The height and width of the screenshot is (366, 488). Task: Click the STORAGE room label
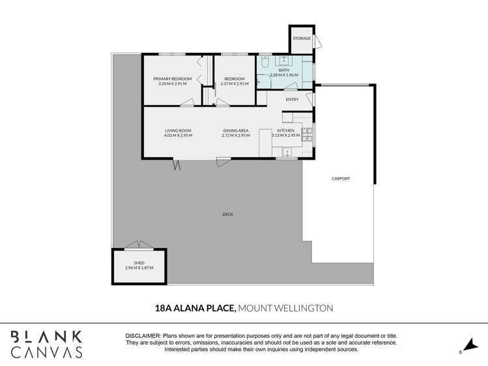coord(301,38)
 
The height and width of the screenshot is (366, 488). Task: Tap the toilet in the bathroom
coord(266,62)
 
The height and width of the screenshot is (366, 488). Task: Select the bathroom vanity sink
coord(285,61)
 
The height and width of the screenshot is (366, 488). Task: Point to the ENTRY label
coord(292,100)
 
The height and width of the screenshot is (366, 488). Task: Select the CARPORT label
coord(341,178)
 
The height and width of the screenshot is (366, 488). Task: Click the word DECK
coord(227,214)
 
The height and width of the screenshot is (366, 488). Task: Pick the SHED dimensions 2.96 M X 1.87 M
coord(138,268)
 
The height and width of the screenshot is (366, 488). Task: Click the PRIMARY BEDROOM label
coord(172,79)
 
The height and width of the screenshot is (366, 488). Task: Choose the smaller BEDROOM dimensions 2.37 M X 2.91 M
coord(234,83)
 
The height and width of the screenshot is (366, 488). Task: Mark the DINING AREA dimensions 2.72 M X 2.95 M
coord(236,135)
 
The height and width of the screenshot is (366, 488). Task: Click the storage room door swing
coord(318,42)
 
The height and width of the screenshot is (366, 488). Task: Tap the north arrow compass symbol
coord(466,345)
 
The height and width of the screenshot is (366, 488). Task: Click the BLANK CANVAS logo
coord(46,344)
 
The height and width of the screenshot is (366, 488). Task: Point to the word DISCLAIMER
coord(143,335)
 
